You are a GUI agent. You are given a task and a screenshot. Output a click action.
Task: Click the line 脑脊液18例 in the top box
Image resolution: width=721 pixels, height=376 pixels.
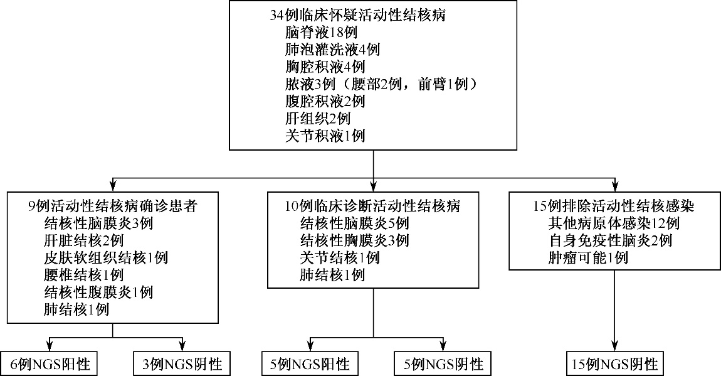[321, 33]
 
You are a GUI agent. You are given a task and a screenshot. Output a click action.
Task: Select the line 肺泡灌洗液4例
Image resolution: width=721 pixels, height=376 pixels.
[332, 50]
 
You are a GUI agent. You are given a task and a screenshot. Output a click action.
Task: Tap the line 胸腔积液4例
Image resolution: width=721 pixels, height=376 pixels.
[325, 67]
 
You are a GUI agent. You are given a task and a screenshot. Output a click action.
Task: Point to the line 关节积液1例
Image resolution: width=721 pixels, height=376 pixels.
[325, 136]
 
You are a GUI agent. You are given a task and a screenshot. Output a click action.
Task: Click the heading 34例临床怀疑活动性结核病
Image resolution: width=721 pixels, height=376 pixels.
[358, 16]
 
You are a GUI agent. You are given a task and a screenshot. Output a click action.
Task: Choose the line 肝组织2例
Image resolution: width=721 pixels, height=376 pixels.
[318, 119]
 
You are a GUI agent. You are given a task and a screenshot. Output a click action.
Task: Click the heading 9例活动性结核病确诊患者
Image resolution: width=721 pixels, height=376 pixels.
[112, 206]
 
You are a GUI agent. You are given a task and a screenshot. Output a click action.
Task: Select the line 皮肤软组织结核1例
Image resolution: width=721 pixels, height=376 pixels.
[106, 257]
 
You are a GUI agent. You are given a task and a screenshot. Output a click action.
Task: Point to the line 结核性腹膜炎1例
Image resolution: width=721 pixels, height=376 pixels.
[98, 292]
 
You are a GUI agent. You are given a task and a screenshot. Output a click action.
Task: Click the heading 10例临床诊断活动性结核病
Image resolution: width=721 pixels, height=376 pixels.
[372, 206]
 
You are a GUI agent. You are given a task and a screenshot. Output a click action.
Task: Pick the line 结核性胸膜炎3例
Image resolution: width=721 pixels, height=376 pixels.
[354, 240]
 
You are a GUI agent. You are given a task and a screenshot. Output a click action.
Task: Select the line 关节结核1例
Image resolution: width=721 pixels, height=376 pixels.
[339, 257]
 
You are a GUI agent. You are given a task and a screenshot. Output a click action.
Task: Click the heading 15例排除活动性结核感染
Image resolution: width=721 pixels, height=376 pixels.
[613, 206]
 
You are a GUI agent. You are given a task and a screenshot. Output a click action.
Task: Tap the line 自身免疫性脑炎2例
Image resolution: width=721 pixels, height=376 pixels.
[610, 240]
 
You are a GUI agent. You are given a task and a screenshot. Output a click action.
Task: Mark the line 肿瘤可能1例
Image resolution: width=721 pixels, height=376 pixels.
[588, 257]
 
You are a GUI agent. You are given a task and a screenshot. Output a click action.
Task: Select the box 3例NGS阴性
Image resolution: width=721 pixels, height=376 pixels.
[182, 364]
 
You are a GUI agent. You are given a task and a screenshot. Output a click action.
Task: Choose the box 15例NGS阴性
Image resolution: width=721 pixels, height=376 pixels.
[615, 364]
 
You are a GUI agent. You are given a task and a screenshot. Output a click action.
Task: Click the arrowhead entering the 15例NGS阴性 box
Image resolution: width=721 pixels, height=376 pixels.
[615, 346]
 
